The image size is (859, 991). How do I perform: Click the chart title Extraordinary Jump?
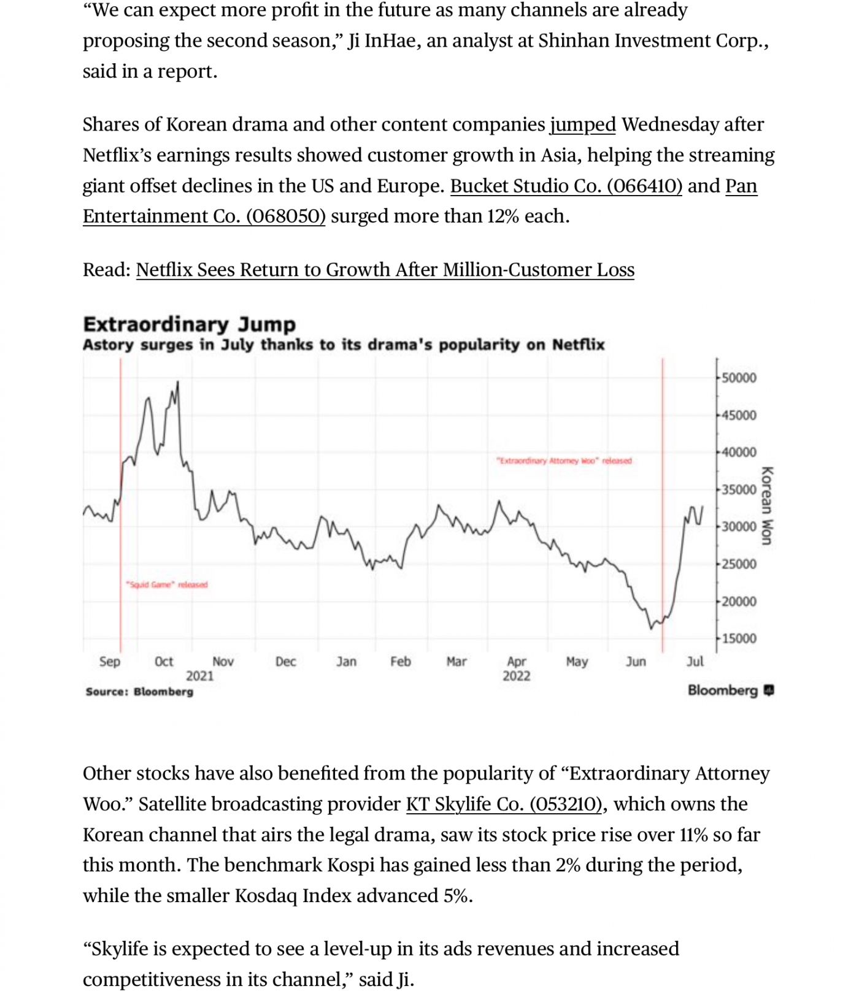point(189,324)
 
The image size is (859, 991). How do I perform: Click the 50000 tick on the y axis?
point(739,378)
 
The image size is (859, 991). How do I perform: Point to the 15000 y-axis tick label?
point(739,638)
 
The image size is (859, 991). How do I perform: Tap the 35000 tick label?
point(739,489)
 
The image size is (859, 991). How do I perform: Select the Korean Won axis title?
point(766,506)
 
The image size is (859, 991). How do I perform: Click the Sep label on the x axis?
point(110,661)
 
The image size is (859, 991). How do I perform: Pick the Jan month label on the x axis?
point(346,661)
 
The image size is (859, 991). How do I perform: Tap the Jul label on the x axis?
point(695,661)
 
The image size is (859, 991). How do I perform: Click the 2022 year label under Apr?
point(516,676)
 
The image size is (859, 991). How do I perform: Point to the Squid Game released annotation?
point(167,584)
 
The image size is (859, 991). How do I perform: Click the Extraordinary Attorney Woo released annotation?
point(564,461)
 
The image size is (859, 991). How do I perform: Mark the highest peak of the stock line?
point(178,383)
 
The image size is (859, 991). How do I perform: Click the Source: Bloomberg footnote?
point(139,692)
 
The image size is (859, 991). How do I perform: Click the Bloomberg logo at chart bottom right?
point(730,691)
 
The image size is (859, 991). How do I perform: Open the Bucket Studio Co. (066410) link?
point(566,186)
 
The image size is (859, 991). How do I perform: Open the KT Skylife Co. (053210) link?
point(504,804)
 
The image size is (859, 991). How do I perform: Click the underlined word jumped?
point(582,124)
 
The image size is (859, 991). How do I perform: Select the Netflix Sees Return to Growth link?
point(385,270)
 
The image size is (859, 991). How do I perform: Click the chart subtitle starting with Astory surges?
point(344,345)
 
